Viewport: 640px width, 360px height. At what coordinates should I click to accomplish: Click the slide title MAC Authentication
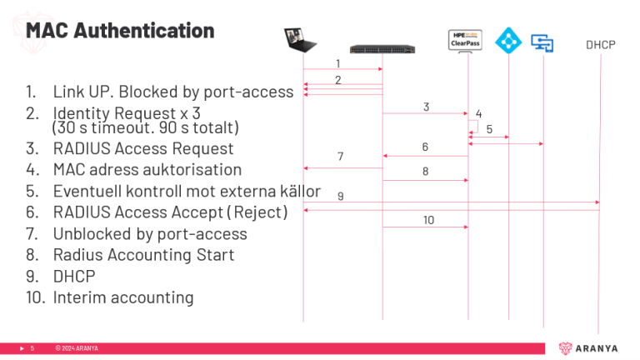point(120,31)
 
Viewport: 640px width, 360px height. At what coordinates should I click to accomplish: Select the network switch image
point(382,47)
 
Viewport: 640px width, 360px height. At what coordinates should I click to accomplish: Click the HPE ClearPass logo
point(467,38)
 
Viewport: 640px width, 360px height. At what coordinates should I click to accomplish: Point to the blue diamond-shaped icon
point(507,39)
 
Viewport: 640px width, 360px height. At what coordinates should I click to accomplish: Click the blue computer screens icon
point(543,42)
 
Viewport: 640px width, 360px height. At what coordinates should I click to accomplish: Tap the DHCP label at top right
point(600,44)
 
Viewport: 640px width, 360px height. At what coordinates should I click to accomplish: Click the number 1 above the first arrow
point(337,63)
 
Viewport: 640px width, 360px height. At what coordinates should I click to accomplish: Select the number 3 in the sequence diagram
point(426,107)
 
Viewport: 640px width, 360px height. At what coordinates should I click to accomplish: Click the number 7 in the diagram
point(340,157)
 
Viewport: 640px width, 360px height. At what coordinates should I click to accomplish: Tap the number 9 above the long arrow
point(340,196)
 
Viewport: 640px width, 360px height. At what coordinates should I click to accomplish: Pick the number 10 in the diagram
point(428,220)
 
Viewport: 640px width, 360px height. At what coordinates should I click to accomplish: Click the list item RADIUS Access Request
point(143,149)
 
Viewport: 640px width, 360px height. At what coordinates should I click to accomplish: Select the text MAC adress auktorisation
point(147,170)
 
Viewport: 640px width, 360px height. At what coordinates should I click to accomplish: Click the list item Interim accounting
point(123,297)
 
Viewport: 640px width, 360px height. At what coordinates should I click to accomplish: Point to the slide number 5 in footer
point(32,348)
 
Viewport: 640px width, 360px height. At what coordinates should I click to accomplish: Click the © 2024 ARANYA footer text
point(77,348)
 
